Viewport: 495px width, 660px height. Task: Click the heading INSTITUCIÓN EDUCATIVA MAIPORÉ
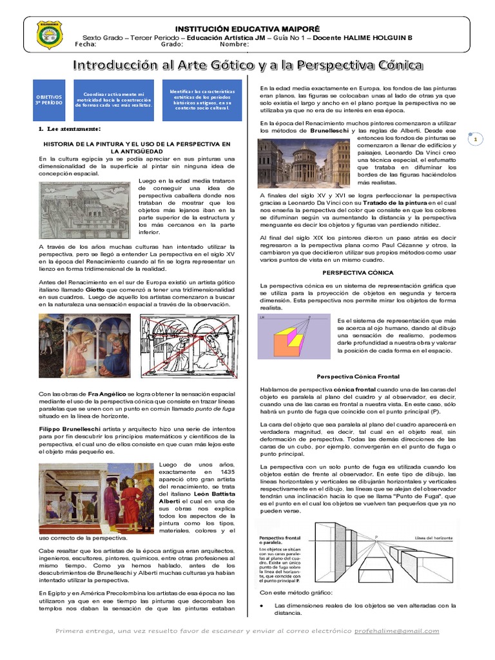tap(247, 29)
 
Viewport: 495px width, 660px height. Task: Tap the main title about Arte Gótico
tap(247, 65)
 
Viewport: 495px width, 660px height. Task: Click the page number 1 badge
tap(475, 139)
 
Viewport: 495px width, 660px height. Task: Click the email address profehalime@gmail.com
tap(397, 631)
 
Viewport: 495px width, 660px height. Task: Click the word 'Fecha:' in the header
tap(86, 44)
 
